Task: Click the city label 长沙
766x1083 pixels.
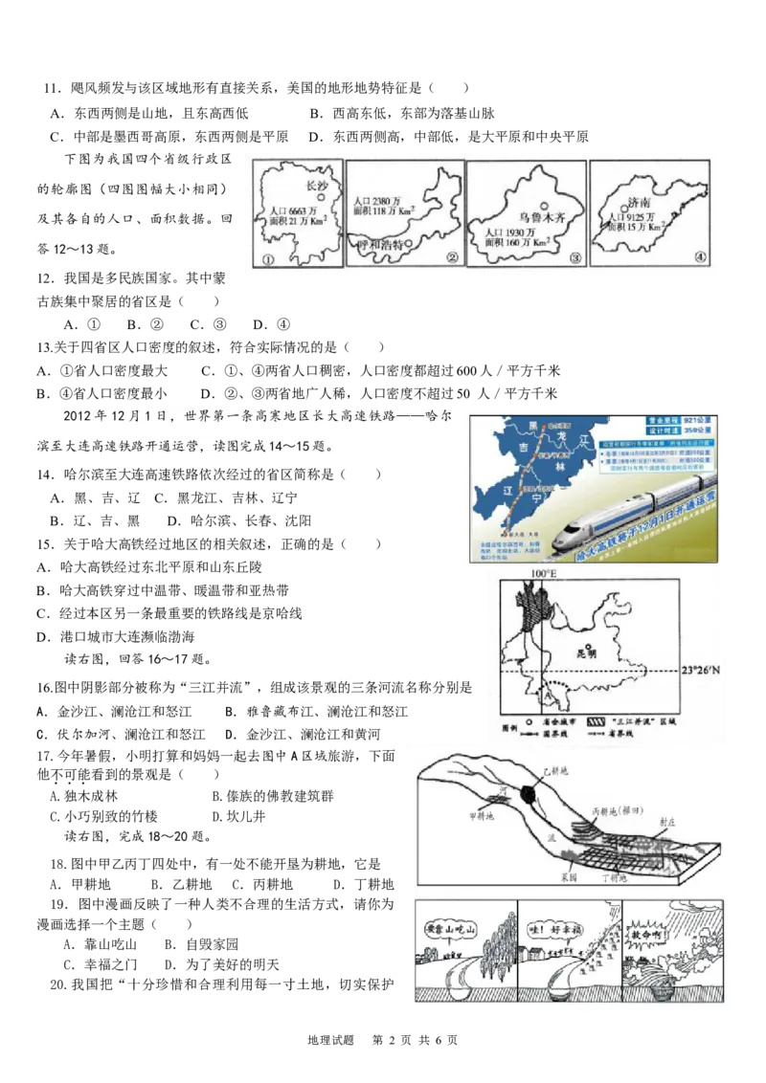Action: tap(315, 186)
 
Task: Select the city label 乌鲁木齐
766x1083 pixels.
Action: tap(543, 217)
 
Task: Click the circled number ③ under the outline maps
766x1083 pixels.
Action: tap(574, 258)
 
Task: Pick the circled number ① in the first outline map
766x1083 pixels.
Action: tap(268, 258)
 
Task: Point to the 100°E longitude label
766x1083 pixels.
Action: tap(543, 573)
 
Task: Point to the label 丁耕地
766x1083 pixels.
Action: tap(613, 876)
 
